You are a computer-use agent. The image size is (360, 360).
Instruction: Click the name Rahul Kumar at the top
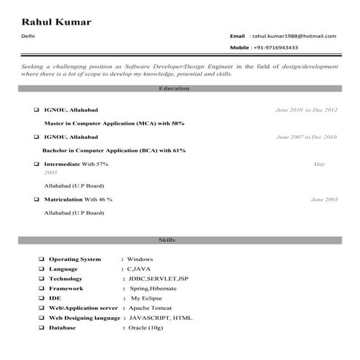click(x=57, y=21)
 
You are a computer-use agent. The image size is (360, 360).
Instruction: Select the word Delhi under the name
click(x=28, y=35)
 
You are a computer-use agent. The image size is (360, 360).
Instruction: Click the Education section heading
click(x=173, y=89)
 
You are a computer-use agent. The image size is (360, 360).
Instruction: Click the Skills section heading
click(x=167, y=240)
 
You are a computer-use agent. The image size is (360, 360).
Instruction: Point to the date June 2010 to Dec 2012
click(x=306, y=110)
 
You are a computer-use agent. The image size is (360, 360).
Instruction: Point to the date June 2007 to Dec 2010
click(x=306, y=137)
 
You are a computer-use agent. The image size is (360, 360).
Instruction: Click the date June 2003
click(x=324, y=199)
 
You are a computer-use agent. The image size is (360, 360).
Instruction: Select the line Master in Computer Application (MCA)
click(x=114, y=124)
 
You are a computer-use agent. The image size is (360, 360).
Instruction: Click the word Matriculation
click(x=63, y=199)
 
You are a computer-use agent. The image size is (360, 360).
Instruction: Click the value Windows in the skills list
click(x=140, y=259)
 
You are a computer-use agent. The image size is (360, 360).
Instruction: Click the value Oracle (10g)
click(x=146, y=328)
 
